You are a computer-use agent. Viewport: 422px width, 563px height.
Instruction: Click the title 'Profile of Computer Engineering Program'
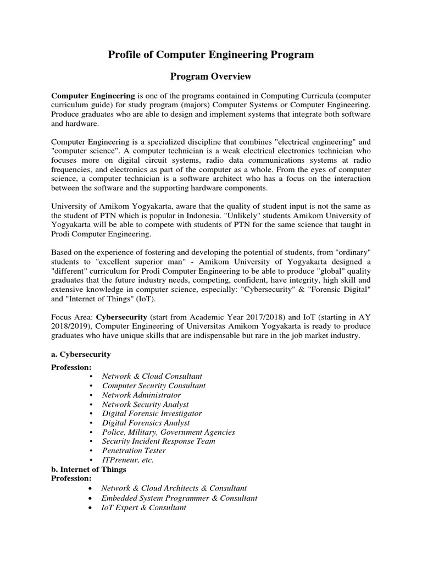pyautogui.click(x=210, y=54)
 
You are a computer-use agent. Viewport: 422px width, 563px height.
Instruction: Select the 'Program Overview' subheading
pyautogui.click(x=210, y=76)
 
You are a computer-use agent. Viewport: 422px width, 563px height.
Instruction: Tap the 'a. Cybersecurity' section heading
pyautogui.click(x=81, y=355)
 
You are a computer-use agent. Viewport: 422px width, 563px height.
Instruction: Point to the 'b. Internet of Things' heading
pyautogui.click(x=88, y=469)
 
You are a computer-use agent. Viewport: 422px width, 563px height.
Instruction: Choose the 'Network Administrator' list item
pyautogui.click(x=141, y=395)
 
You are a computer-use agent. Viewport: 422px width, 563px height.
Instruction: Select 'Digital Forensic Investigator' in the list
pyautogui.click(x=152, y=413)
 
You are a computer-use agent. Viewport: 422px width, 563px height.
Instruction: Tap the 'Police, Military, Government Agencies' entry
pyautogui.click(x=168, y=432)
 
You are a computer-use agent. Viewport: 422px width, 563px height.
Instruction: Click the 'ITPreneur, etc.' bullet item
pyautogui.click(x=127, y=460)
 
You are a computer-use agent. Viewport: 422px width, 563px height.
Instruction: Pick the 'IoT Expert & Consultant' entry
pyautogui.click(x=143, y=507)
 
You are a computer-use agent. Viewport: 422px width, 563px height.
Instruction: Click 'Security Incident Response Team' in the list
pyautogui.click(x=158, y=441)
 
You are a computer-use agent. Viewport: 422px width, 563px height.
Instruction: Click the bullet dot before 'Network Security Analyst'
pyautogui.click(x=91, y=404)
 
